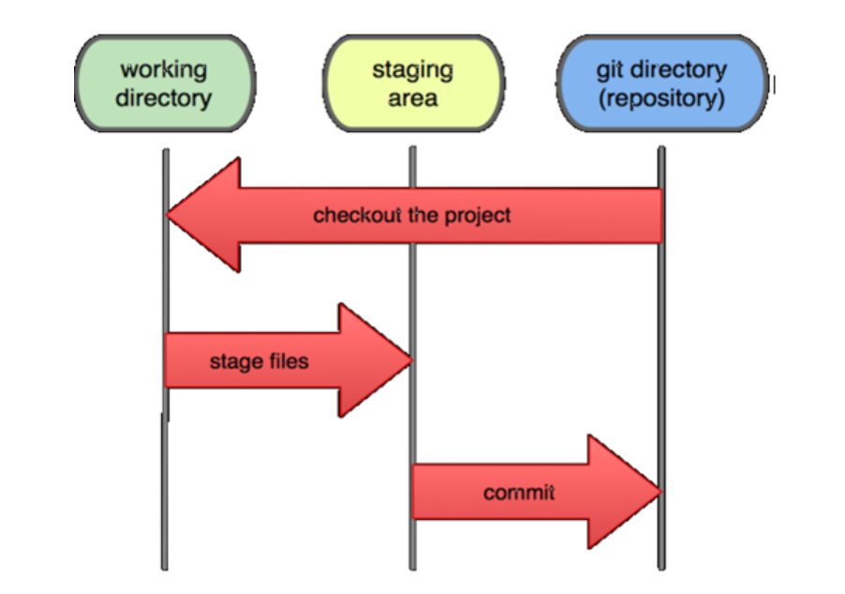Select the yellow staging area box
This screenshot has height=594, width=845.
click(413, 84)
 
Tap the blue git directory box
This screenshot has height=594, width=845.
click(661, 84)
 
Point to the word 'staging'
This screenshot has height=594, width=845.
click(413, 70)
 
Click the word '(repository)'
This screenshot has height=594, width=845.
click(661, 98)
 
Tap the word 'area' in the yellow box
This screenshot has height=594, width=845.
click(413, 98)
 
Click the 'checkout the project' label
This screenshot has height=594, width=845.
click(412, 215)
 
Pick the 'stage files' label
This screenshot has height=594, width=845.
click(259, 361)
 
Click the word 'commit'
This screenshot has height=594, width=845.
click(519, 492)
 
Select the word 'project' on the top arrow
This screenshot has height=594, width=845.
click(478, 215)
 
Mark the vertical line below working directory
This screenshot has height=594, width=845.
click(166, 487)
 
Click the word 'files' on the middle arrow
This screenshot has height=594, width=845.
click(285, 361)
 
